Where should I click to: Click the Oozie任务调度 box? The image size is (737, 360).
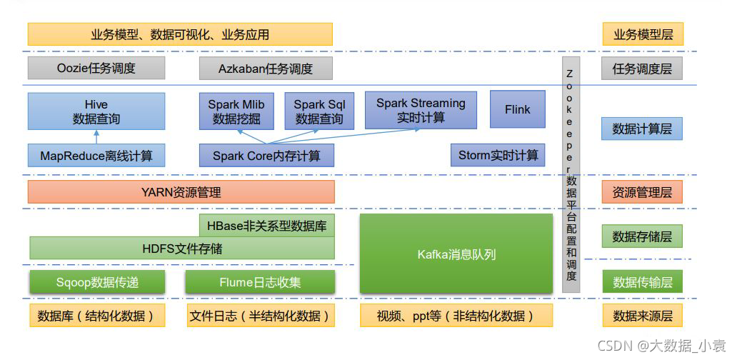pyautogui.click(x=96, y=69)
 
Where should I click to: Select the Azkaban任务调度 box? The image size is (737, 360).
pyautogui.click(x=266, y=69)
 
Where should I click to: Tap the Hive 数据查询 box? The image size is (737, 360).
pyautogui.click(x=96, y=111)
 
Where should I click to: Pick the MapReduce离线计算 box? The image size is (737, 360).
pyautogui.click(x=96, y=155)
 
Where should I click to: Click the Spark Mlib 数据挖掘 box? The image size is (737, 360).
pyautogui.click(x=235, y=111)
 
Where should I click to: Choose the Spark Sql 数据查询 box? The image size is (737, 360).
pyautogui.click(x=319, y=111)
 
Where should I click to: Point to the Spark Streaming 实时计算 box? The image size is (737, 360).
pyautogui.click(x=421, y=110)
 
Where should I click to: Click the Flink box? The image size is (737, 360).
pyautogui.click(x=517, y=109)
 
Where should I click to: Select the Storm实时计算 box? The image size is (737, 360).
pyautogui.click(x=498, y=155)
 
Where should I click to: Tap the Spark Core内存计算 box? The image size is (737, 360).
pyautogui.click(x=266, y=155)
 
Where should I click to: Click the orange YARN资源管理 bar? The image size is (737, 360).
pyautogui.click(x=181, y=192)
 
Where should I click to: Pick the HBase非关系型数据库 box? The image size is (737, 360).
pyautogui.click(x=266, y=226)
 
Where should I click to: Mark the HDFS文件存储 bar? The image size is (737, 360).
pyautogui.click(x=181, y=249)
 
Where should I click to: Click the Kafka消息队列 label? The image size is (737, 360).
pyautogui.click(x=456, y=254)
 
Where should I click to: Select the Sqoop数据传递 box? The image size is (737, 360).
pyautogui.click(x=97, y=282)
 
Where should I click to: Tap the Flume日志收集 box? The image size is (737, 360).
pyautogui.click(x=260, y=282)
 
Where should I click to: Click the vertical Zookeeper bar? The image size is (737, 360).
pyautogui.click(x=570, y=175)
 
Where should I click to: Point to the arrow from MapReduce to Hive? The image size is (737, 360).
pyautogui.click(x=96, y=136)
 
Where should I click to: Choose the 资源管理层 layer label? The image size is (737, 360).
pyautogui.click(x=641, y=192)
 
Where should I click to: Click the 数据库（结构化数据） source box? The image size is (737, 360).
pyautogui.click(x=96, y=315)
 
